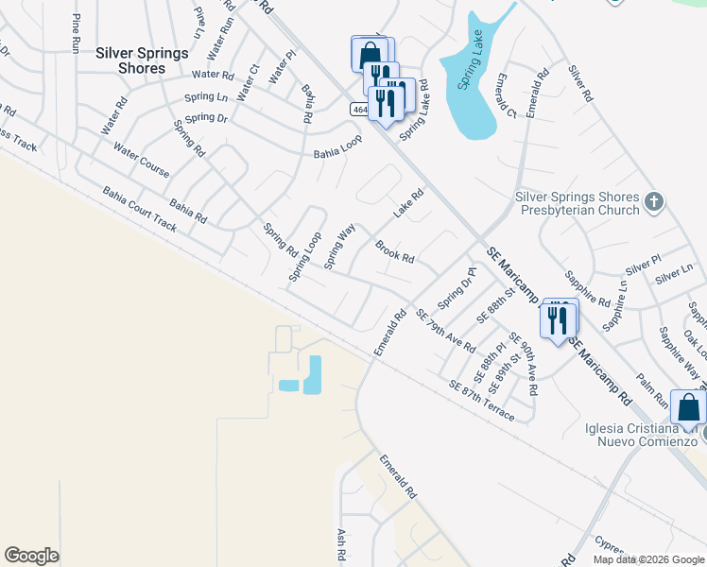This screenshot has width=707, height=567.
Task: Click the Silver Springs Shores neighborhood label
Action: pos(142,60)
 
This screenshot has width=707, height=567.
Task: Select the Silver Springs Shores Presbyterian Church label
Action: pos(577,203)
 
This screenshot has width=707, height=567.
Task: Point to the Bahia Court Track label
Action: pos(139,209)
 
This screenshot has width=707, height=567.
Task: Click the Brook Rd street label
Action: pos(395,252)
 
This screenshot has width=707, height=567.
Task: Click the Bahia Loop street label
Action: pos(338,146)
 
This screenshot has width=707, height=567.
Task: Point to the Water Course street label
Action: pos(141,160)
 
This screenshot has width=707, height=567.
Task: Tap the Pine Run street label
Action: pos(76,31)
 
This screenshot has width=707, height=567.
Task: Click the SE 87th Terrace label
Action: pos(482,401)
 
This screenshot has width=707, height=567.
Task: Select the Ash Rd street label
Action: pos(341,546)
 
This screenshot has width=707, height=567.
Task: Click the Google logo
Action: pos(31,556)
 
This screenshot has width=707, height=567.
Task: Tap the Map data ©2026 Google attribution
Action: pos(648,559)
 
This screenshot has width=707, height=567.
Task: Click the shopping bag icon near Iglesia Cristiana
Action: pos(688,406)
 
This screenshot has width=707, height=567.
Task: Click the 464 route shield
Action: pos(359,110)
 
